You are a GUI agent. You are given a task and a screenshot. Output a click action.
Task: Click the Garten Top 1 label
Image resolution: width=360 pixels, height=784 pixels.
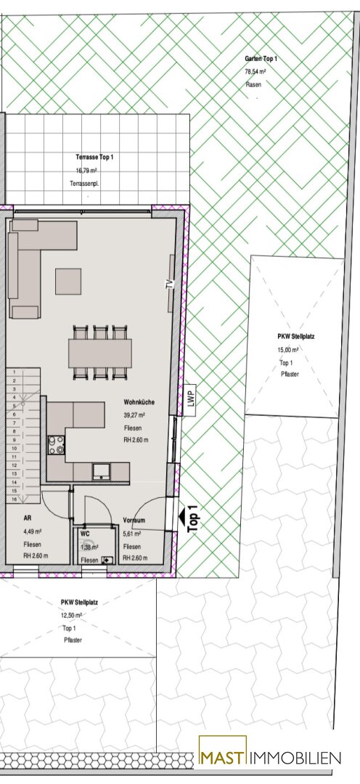point(261,59)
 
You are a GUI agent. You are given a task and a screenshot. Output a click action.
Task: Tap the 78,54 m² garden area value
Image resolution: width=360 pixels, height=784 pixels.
point(255,72)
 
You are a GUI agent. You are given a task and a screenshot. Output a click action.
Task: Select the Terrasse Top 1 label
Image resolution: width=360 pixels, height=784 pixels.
point(94,158)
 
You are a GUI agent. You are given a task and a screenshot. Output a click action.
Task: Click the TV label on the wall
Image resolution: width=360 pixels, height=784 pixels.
point(170,284)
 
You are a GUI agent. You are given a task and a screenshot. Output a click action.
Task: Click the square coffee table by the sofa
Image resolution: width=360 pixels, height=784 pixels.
point(68,281)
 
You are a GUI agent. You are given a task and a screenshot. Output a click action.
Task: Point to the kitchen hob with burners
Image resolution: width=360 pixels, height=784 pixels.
point(56,445)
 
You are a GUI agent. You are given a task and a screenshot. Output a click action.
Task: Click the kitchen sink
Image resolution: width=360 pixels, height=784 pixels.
point(102,471)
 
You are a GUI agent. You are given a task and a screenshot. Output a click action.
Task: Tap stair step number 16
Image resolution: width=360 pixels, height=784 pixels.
point(15,499)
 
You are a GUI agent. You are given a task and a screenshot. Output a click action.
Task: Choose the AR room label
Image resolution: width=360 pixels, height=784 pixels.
point(27,518)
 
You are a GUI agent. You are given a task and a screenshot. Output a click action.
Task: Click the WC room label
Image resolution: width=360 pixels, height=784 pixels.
point(85,534)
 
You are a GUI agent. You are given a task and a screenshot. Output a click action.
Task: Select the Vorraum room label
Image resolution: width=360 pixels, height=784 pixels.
point(134,520)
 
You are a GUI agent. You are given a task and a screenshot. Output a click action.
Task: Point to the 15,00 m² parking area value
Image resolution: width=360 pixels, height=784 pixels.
point(288,350)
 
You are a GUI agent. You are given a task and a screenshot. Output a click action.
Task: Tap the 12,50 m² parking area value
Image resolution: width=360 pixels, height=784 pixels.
point(72,616)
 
